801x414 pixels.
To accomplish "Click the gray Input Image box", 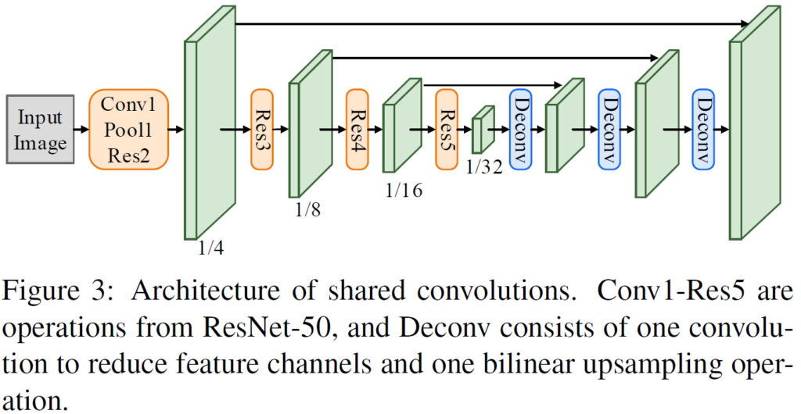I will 40,130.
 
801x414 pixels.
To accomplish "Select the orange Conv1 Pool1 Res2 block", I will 129,129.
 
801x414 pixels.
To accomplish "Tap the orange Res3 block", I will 262,129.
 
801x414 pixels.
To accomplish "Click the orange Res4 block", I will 357,129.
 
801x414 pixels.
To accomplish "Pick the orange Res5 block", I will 447,129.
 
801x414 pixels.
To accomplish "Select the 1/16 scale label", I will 403,190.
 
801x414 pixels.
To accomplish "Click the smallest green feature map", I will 483,130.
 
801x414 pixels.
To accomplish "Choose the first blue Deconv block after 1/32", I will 521,129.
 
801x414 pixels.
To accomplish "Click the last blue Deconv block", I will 704,129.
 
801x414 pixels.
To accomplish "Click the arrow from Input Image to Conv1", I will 81,130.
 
